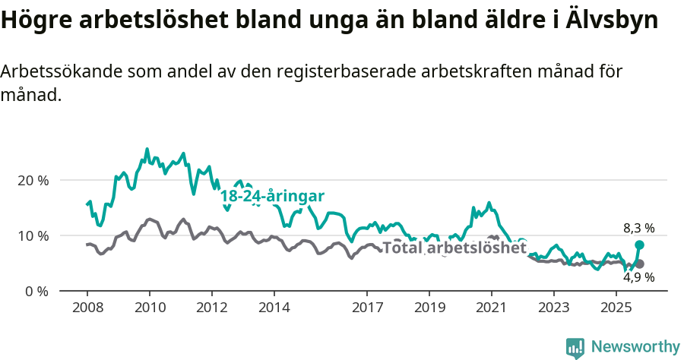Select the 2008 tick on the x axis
(x=87, y=308)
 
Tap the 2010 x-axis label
(x=149, y=308)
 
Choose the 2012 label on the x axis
(x=211, y=308)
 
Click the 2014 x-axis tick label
(x=274, y=308)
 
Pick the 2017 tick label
(x=367, y=308)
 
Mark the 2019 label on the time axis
(x=429, y=308)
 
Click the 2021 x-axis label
(x=492, y=308)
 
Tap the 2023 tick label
(x=554, y=308)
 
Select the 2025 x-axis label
(x=616, y=308)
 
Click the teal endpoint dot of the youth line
(x=639, y=245)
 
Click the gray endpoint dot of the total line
(x=639, y=264)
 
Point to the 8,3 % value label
(x=638, y=228)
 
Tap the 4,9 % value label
(x=638, y=278)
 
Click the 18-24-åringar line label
(x=272, y=197)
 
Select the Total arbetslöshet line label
(x=454, y=248)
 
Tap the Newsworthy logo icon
(x=575, y=348)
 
